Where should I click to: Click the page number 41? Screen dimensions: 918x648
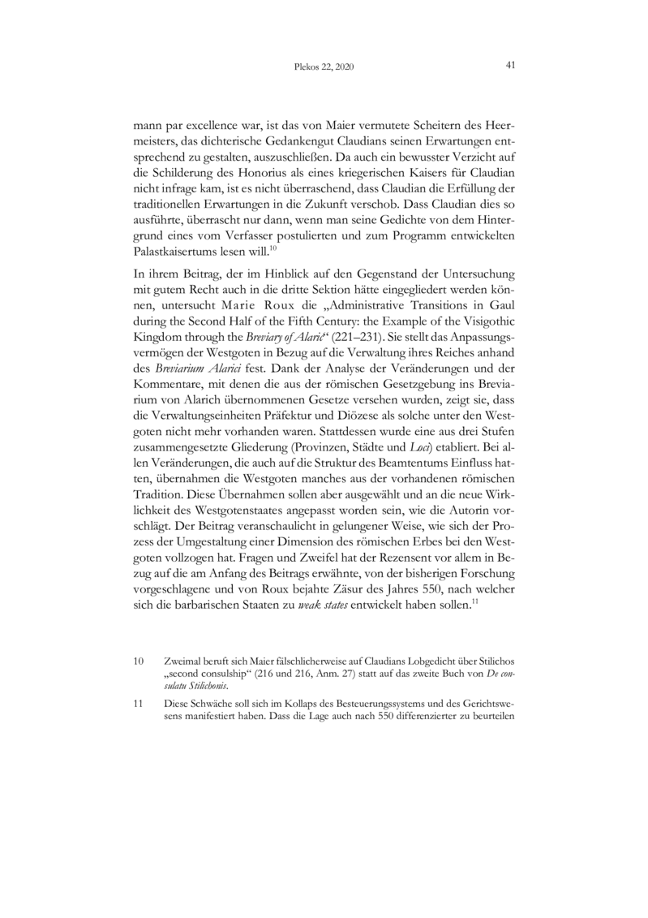[512, 65]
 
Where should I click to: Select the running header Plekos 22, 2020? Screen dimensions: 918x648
[323, 66]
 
